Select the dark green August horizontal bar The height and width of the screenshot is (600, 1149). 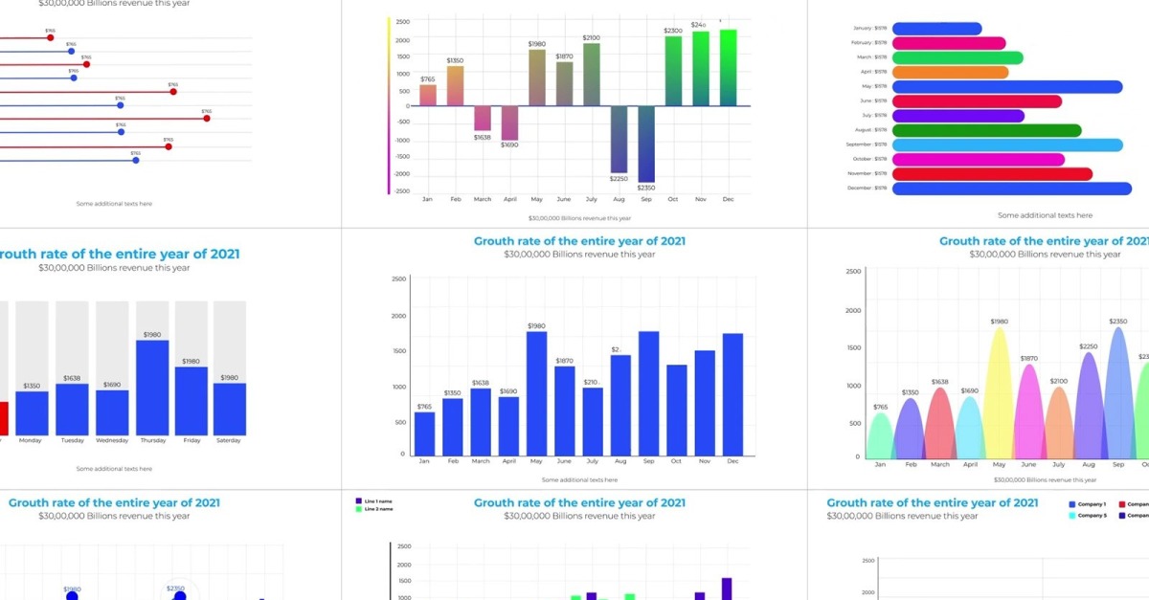[x=986, y=130]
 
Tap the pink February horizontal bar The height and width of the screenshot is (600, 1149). [x=948, y=43]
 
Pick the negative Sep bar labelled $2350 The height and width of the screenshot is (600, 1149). [x=646, y=144]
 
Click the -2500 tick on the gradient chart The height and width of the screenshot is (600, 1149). [x=402, y=190]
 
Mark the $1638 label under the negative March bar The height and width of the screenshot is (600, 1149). [x=482, y=138]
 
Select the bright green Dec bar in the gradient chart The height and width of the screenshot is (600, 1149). [x=728, y=67]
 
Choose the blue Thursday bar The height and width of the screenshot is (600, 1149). [x=152, y=388]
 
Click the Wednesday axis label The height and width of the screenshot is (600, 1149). [x=112, y=441]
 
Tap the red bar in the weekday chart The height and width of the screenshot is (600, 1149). [x=3, y=418]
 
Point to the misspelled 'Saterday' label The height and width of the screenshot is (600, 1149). [x=229, y=441]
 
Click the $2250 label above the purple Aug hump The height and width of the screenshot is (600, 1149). [x=1089, y=346]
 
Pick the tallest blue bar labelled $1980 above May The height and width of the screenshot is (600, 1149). [x=536, y=392]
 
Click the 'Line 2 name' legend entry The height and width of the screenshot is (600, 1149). [x=377, y=509]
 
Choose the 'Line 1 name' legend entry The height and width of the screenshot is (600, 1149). [x=377, y=500]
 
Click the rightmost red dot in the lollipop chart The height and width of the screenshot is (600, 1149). [x=206, y=119]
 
